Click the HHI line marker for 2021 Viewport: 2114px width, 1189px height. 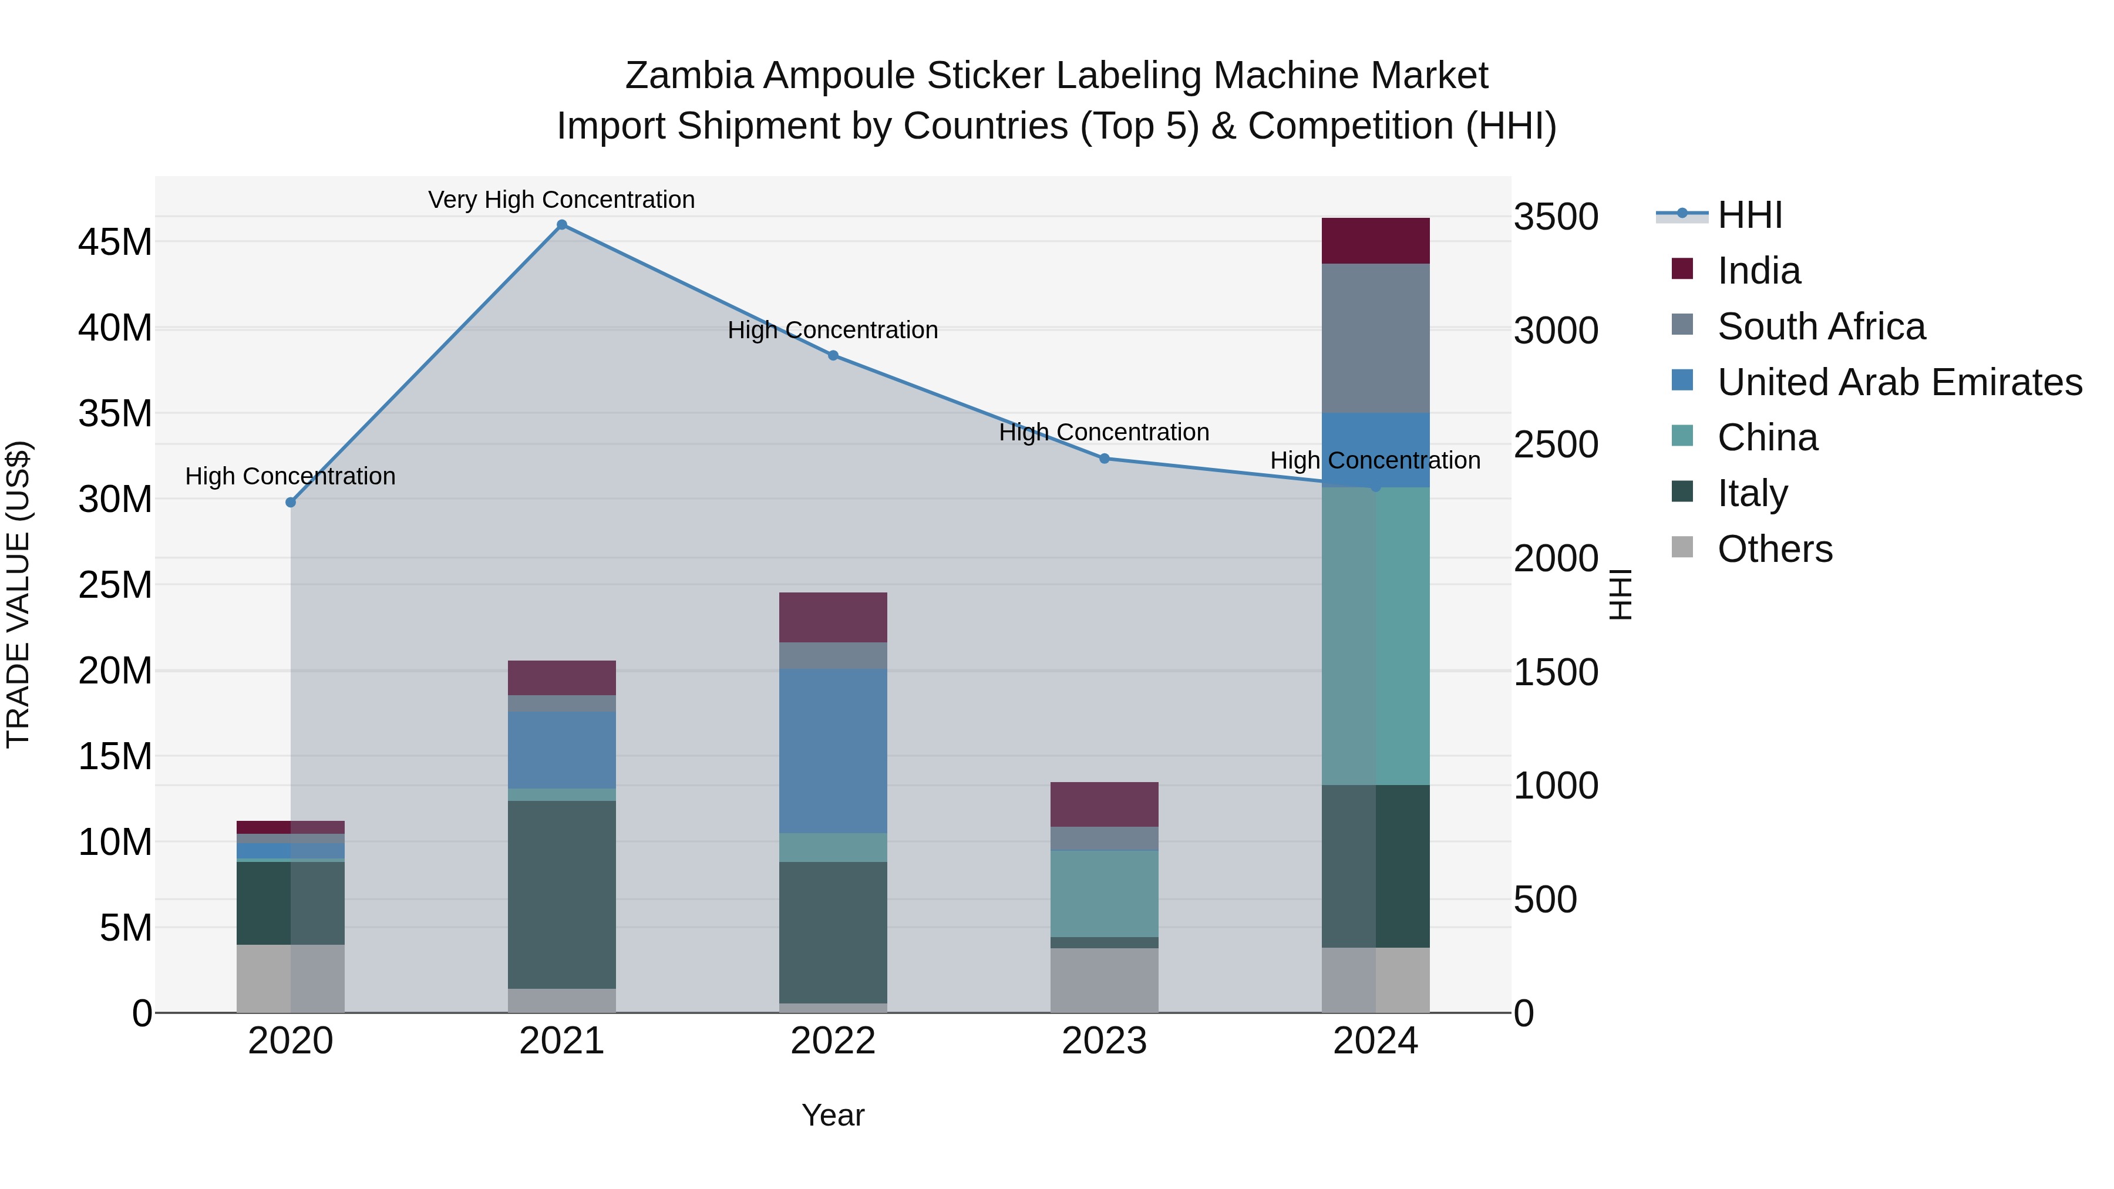(x=561, y=225)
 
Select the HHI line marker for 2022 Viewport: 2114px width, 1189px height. (x=833, y=355)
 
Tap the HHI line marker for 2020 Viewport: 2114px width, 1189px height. (x=291, y=502)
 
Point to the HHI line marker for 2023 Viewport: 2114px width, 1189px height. (x=1105, y=459)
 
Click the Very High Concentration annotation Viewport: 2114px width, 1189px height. (x=561, y=200)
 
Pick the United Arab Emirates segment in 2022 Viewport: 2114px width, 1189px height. (x=833, y=751)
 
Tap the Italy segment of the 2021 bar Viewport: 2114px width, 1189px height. (x=561, y=894)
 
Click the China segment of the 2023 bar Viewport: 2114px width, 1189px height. (x=1105, y=894)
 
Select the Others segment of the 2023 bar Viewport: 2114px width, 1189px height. (x=1105, y=980)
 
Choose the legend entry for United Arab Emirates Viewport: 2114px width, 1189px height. (x=1899, y=382)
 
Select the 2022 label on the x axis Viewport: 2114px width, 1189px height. (x=833, y=1041)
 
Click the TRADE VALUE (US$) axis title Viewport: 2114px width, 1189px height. (x=19, y=594)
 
